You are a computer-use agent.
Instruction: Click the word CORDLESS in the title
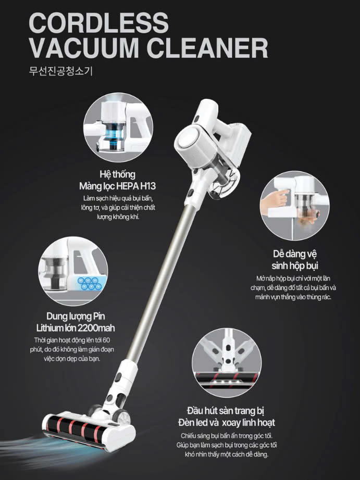coord(98,23)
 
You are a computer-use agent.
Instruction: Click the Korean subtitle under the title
coord(60,71)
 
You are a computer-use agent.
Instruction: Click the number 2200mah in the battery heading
coord(96,328)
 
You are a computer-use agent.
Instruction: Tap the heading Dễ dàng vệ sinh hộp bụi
coord(295,260)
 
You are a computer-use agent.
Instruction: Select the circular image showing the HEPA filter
coord(118,128)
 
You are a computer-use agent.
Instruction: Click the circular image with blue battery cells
coord(73,271)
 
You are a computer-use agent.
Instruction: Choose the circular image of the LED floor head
coord(227,363)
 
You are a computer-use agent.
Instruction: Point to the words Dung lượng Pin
coord(76,316)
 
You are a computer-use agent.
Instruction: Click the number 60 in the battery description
coord(106,340)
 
